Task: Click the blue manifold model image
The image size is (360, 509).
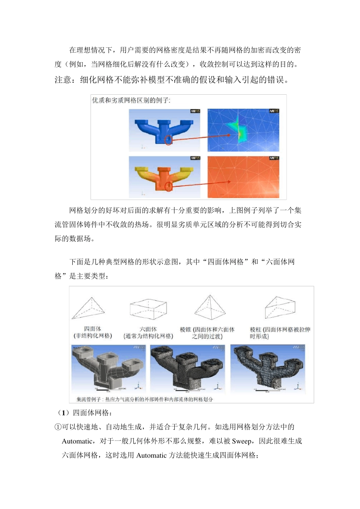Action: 164,130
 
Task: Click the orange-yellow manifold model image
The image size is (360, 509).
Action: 164,177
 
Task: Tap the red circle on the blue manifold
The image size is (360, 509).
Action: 168,140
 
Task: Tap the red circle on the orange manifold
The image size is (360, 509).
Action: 168,186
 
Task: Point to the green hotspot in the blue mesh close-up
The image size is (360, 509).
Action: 239,130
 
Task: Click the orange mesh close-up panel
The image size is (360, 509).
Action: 243,177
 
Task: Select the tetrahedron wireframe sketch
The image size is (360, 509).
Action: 89,309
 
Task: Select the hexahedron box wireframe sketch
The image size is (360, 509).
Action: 148,309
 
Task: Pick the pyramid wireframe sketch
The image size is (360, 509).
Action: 210,308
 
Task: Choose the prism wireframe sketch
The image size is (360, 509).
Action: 280,308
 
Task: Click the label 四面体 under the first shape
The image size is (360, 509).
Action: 92,329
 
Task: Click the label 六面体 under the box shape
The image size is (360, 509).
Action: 148,329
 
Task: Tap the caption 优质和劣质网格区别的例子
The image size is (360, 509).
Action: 131,100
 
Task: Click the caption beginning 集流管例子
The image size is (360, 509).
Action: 144,399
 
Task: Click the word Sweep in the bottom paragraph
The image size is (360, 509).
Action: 241,441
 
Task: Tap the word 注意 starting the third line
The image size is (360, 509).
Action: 63,80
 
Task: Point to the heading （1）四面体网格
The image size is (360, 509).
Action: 84,413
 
